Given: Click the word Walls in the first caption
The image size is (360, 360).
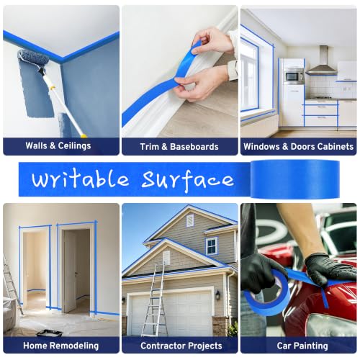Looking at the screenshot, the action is (x=36, y=145).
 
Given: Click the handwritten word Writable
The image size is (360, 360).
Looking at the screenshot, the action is (x=81, y=179).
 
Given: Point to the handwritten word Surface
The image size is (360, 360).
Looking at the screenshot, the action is (x=187, y=180).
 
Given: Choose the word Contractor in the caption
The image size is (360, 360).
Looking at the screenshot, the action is (x=161, y=346).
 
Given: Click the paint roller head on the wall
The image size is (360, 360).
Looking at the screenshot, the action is (x=33, y=58).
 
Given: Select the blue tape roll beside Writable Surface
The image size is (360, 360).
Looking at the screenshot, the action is (x=294, y=179).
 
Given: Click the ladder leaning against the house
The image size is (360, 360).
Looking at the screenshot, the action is (x=154, y=300).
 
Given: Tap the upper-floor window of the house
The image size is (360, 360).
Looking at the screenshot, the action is (x=212, y=246).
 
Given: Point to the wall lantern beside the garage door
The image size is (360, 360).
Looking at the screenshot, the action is (x=217, y=295).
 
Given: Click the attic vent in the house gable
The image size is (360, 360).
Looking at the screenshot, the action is (x=190, y=220).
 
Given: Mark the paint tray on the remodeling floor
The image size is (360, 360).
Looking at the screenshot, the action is (x=50, y=333).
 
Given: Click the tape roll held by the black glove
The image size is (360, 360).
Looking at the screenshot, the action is (x=267, y=292).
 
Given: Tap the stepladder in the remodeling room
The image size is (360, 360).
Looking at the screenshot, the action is (x=12, y=283).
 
